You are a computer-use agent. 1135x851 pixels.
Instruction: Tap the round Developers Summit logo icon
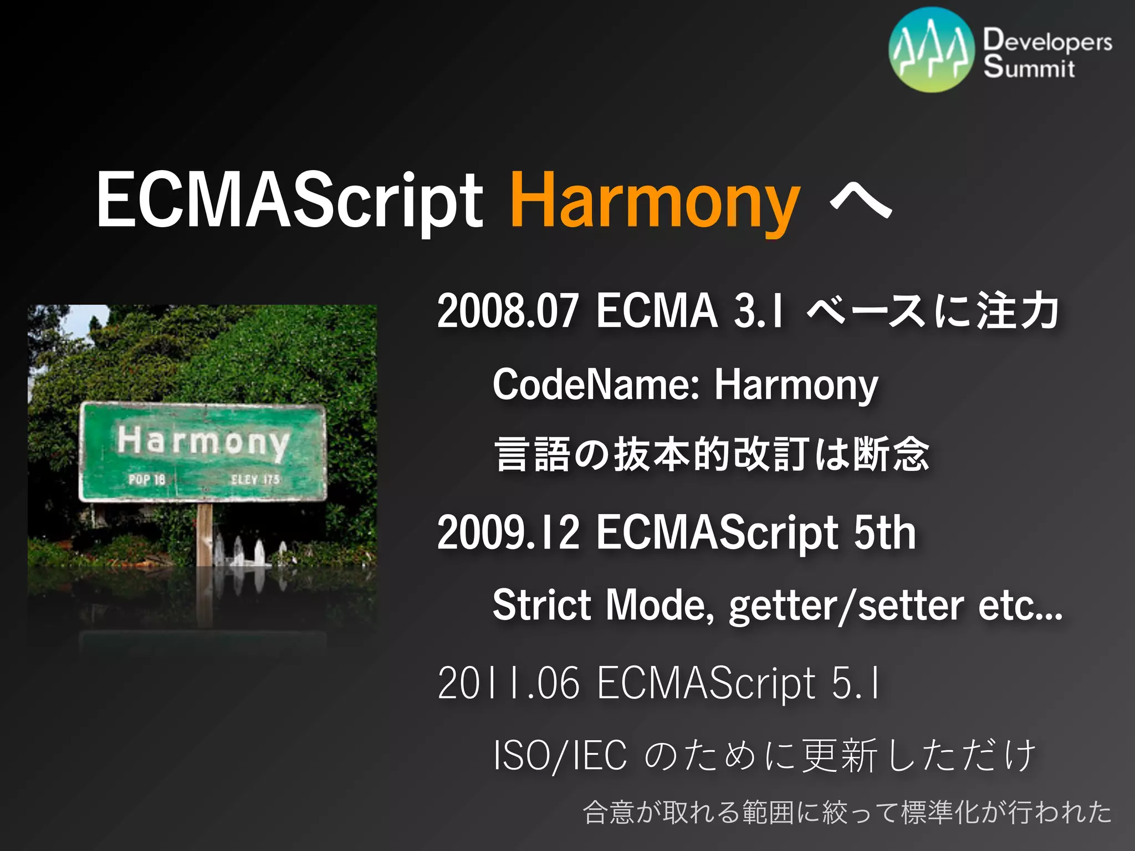click(931, 50)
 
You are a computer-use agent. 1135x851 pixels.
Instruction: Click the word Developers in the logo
click(1047, 41)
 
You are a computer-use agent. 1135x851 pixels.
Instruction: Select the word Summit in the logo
click(1029, 68)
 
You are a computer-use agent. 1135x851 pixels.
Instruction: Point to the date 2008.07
click(507, 311)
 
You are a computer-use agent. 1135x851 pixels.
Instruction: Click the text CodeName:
click(596, 385)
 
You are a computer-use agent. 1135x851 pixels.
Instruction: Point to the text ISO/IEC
click(560, 756)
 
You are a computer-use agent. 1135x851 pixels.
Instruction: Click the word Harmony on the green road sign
click(203, 442)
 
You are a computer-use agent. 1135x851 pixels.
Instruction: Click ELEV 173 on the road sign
click(255, 479)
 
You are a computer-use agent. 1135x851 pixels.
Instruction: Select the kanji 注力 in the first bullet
click(1017, 311)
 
